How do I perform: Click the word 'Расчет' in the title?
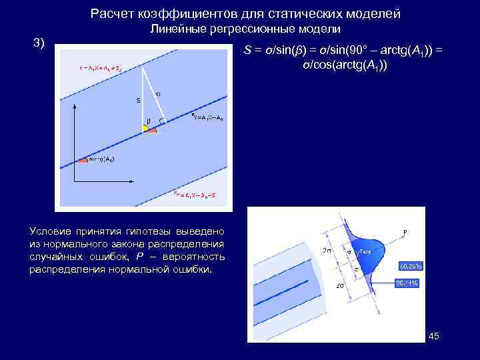tap(112, 13)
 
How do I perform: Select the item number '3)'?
tap(39, 43)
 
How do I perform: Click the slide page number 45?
tap(433, 337)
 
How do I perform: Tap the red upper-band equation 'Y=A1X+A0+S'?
tap(99, 67)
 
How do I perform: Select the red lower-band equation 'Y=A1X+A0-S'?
tap(194, 194)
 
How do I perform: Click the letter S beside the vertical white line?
tap(138, 101)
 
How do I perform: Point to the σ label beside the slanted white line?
tap(159, 94)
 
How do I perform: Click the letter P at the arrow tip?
tap(405, 233)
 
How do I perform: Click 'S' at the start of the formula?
tap(248, 52)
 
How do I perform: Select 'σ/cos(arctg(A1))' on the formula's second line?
tap(345, 66)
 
